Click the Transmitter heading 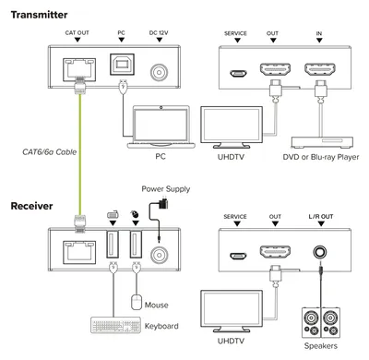click(39, 15)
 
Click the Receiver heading click(31, 206)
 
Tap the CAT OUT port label click(77, 33)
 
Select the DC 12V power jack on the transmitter click(159, 72)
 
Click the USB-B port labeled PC click(123, 65)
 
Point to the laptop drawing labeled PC click(161, 126)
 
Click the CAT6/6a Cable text click(50, 151)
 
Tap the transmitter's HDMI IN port click(320, 70)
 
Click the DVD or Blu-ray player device click(322, 142)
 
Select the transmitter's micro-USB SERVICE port click(238, 74)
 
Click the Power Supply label click(166, 188)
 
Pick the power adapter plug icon click(163, 204)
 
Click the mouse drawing click(137, 302)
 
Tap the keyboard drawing click(116, 325)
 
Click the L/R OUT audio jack click(320, 252)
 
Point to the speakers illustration click(321, 322)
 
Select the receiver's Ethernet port click(79, 253)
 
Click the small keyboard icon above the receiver click(113, 214)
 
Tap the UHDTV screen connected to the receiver click(232, 311)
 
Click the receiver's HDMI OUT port click(275, 252)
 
